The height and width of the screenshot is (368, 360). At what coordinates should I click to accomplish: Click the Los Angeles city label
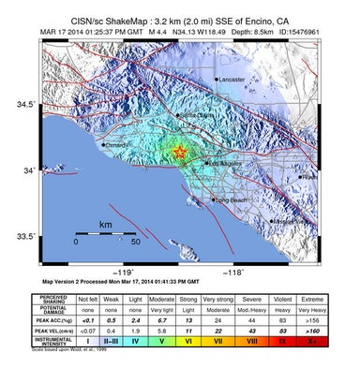tap(225, 164)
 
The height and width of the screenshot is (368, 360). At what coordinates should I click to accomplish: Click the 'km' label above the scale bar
tap(105, 226)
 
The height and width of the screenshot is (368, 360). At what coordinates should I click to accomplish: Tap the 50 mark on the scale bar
tap(135, 243)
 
